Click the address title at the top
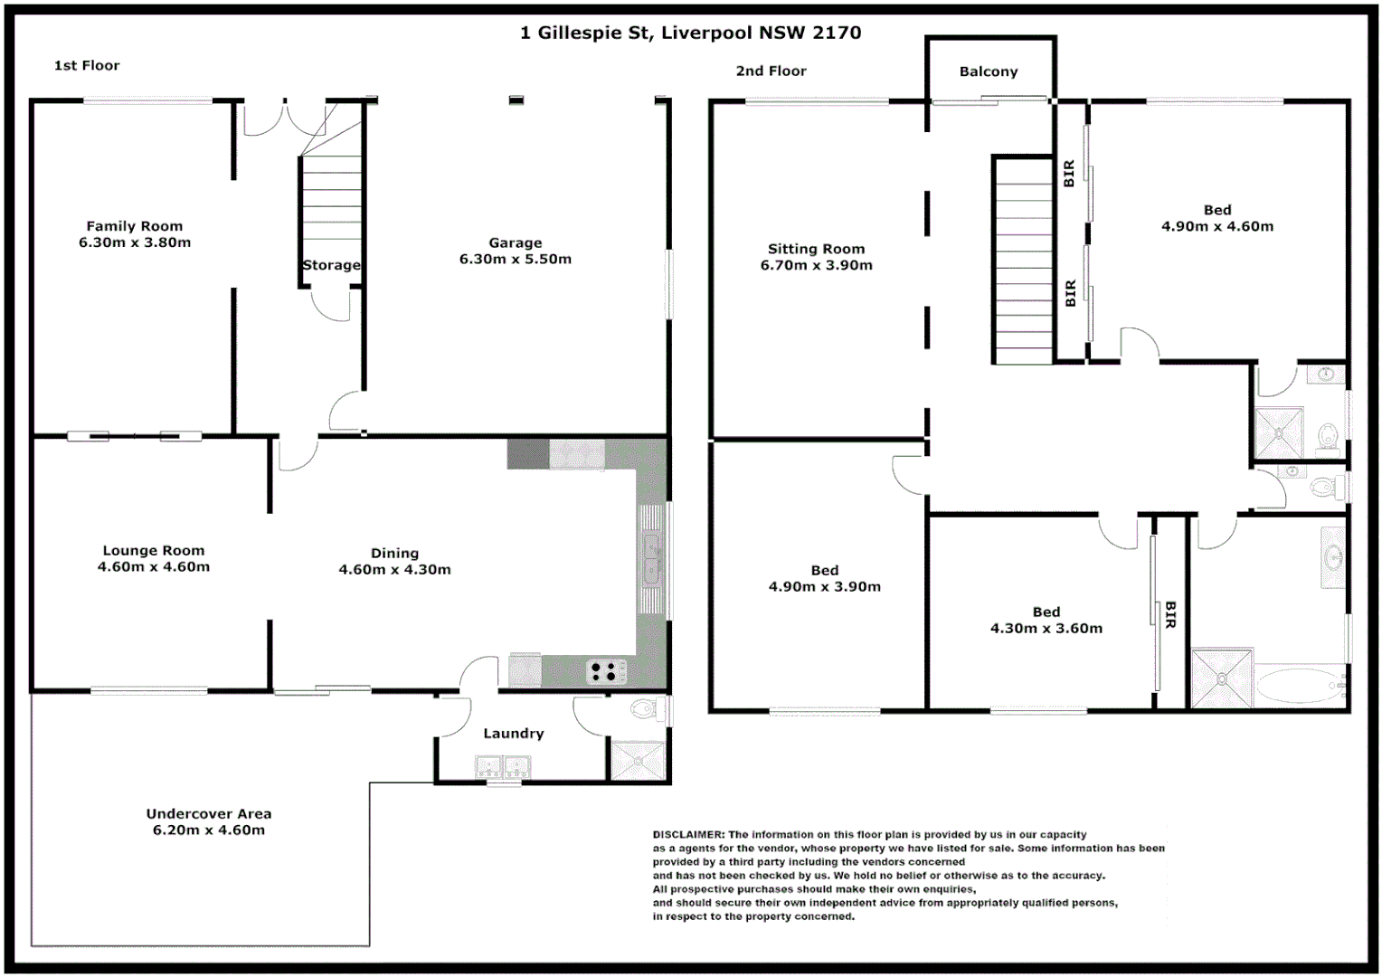click(690, 33)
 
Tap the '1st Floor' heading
click(87, 65)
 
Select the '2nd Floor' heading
click(771, 71)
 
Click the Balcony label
click(989, 71)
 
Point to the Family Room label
click(135, 226)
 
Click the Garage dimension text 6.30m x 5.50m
click(516, 260)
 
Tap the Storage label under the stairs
click(331, 265)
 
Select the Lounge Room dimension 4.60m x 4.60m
click(154, 567)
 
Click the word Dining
click(394, 553)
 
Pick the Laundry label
click(514, 734)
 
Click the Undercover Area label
click(209, 813)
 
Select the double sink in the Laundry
click(502, 768)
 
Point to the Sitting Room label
click(816, 249)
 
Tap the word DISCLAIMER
click(688, 835)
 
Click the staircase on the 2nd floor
click(1023, 262)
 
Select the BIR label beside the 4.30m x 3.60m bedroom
click(1170, 614)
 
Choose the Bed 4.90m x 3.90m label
click(824, 578)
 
